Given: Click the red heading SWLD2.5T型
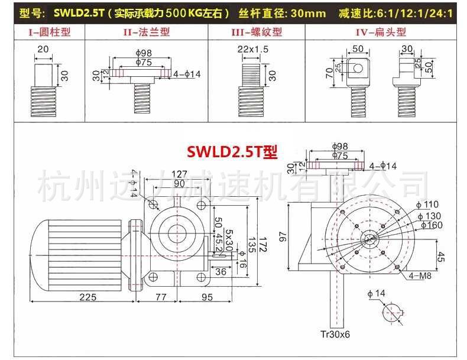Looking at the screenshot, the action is [x=232, y=151].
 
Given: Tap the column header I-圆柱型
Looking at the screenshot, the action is [x=50, y=32].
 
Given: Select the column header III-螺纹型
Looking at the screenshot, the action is [x=257, y=32].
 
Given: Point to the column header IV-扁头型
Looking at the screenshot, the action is [x=381, y=32].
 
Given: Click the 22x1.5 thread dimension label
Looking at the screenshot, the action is [x=253, y=49].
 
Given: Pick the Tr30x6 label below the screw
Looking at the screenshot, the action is [x=335, y=335].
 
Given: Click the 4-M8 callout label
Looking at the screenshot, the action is [x=420, y=275].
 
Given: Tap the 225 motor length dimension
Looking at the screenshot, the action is [x=88, y=297].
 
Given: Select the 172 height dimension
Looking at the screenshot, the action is [x=262, y=244].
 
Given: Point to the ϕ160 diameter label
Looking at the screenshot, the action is [x=432, y=225].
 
